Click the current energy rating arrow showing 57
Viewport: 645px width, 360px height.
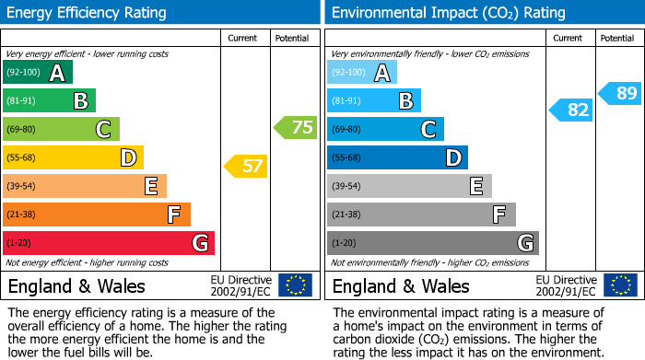point(245,167)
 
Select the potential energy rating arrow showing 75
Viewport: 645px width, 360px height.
point(296,128)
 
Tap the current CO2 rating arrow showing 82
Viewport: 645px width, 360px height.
point(570,110)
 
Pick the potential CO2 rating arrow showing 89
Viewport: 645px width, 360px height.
point(620,93)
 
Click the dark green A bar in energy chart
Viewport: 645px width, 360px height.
point(38,73)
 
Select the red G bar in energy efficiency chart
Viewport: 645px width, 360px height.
point(109,243)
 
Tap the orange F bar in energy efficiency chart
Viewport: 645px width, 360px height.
point(97,215)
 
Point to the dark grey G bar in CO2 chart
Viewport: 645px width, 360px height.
point(433,243)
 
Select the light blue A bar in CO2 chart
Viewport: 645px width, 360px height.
point(362,73)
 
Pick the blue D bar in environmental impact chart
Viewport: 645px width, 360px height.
point(397,158)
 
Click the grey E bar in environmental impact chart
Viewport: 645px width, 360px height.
point(409,186)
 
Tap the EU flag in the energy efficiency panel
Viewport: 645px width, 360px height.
point(296,285)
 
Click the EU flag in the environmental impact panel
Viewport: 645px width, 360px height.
point(620,285)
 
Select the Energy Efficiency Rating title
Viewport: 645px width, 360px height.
point(88,13)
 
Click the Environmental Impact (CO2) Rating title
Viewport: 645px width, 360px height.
point(448,13)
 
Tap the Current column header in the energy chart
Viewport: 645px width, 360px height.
point(243,38)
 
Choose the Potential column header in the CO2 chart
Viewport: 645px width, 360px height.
point(617,38)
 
